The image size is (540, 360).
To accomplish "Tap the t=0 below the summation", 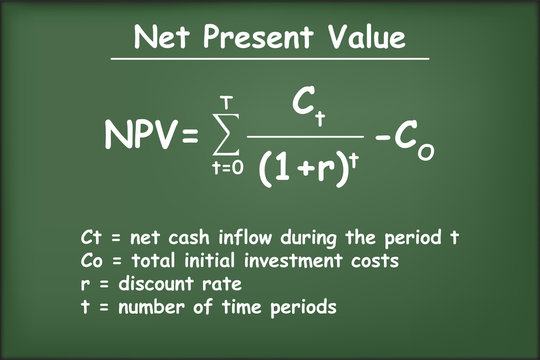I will point(227,169).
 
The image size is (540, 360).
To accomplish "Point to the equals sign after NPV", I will point(188,134).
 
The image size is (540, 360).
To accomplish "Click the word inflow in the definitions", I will point(243,241).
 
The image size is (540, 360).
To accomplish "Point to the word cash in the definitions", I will point(190,241).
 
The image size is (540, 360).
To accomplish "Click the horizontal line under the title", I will point(270,59).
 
